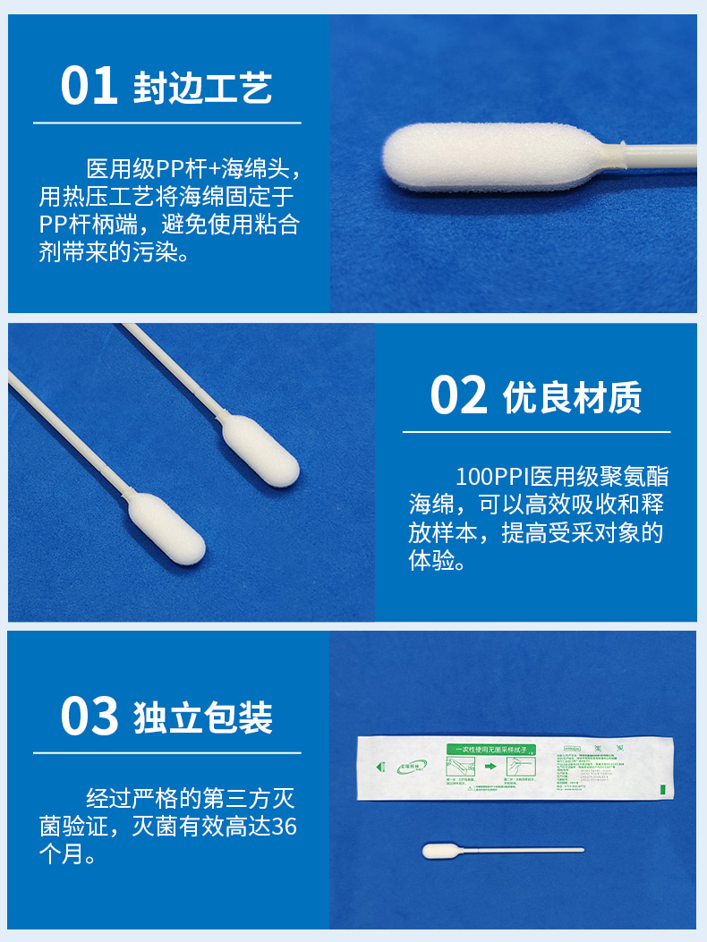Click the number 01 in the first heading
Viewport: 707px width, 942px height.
89,86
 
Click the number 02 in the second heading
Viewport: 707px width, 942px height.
458,395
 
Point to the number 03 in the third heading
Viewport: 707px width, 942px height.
89,717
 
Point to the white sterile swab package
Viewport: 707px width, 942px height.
515,768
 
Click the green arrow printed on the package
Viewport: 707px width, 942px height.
491,767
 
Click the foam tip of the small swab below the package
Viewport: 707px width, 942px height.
439,851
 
